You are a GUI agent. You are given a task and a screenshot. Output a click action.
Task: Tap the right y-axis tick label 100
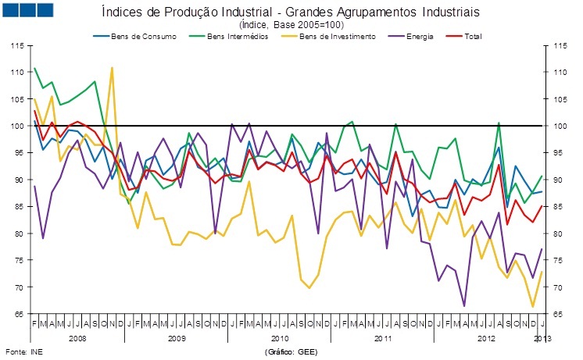[x=558, y=126]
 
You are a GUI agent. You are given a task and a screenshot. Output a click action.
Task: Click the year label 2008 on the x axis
[x=77, y=338]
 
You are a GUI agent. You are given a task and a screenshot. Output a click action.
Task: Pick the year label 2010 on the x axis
[x=280, y=338]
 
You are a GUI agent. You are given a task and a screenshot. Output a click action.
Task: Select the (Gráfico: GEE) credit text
[x=291, y=352]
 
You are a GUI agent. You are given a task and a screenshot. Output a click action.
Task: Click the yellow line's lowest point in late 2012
[x=533, y=307]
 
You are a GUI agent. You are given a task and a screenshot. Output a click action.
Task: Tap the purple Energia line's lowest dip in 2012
[x=464, y=306]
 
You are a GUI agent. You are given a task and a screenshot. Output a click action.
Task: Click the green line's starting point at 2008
[x=35, y=68]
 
